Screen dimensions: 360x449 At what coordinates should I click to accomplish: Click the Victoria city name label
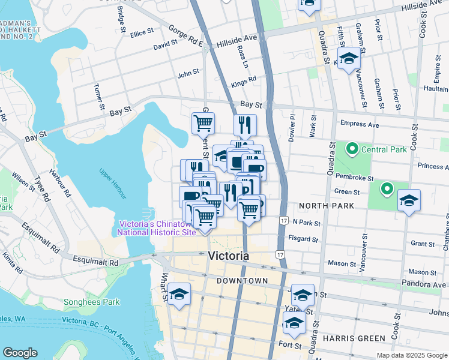[228, 256]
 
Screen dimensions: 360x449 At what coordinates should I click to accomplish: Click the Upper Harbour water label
[112, 184]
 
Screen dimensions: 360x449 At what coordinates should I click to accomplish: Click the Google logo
[20, 353]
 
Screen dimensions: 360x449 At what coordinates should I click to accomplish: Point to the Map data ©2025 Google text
[411, 355]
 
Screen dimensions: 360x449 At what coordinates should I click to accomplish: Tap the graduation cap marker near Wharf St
[178, 295]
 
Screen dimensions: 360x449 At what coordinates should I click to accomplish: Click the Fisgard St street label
[303, 239]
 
